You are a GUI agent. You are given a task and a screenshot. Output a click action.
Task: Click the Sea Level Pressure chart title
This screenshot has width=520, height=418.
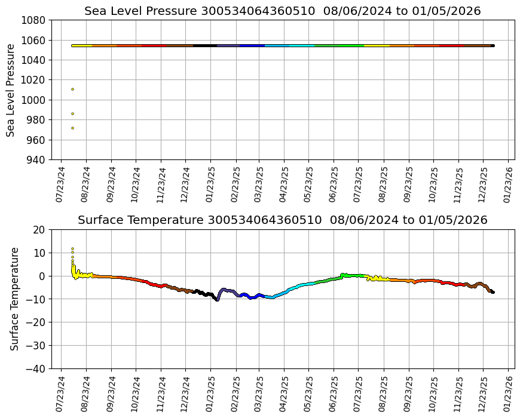pos(282,11)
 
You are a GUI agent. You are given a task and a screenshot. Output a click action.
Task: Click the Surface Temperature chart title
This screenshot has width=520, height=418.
pos(282,220)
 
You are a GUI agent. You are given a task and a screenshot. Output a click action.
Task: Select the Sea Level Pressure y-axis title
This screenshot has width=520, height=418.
pos(11,90)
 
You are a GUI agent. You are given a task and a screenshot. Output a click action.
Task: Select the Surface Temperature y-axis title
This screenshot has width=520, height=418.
pos(15,299)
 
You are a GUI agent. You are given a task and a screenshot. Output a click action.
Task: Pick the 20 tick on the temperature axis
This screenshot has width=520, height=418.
pos(39,229)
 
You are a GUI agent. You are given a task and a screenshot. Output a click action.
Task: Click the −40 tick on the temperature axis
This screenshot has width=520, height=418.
pos(36,368)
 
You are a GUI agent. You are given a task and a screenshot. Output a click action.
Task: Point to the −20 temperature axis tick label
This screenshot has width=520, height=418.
pos(36,322)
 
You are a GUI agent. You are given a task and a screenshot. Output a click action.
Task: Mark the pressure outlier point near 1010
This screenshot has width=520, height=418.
pos(72,89)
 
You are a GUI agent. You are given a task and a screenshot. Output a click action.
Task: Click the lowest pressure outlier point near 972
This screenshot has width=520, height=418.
pos(72,128)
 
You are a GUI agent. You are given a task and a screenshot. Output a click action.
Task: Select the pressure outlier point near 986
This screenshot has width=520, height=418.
pos(72,113)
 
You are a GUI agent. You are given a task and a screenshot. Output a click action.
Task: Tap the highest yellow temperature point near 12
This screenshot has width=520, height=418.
pos(72,248)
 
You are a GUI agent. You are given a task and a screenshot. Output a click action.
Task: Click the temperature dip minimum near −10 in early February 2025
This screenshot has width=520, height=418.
pos(217,300)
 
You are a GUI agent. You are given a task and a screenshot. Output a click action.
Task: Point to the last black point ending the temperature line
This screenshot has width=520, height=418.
pos(493,292)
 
